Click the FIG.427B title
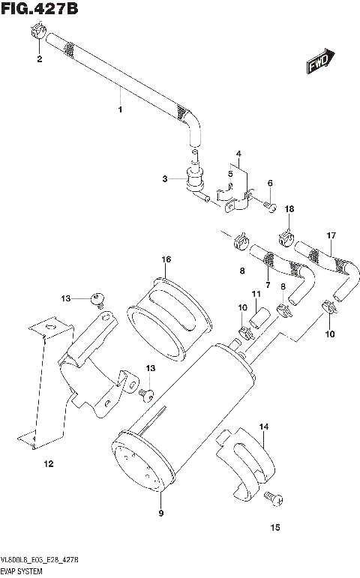pyautogui.click(x=40, y=10)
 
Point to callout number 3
pyautogui.click(x=163, y=179)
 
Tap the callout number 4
pyautogui.click(x=238, y=155)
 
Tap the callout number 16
pyautogui.click(x=166, y=259)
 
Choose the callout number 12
pyautogui.click(x=48, y=464)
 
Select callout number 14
pyautogui.click(x=263, y=427)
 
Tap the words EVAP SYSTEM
pyautogui.click(x=25, y=571)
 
